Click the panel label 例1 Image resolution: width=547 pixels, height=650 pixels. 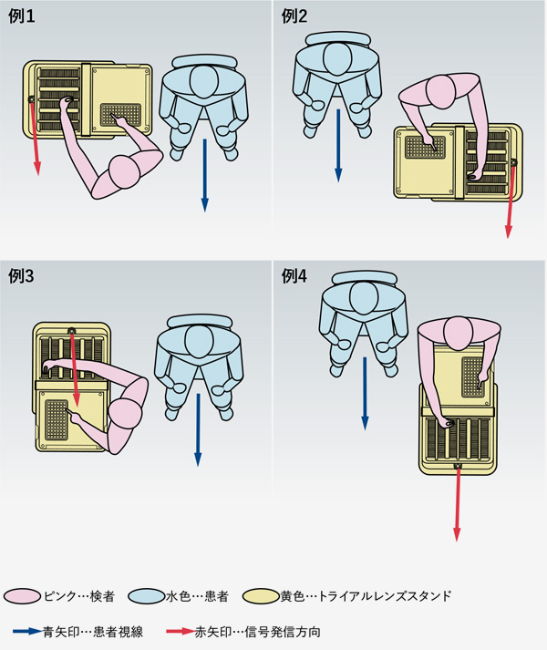[x=22, y=16]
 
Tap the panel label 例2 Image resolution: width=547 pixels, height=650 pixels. [x=294, y=16]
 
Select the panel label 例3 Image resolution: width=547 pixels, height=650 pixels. [x=21, y=276]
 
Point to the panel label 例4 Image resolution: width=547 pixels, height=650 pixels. [x=294, y=276]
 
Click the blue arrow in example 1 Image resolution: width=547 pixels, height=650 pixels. [x=205, y=175]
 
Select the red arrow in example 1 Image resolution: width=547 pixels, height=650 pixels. [x=35, y=138]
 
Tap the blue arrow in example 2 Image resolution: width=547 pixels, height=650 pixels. [x=338, y=146]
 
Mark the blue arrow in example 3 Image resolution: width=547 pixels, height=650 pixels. [x=198, y=430]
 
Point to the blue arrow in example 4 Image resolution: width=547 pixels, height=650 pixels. [x=365, y=394]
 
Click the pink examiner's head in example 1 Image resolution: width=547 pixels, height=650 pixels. [x=124, y=172]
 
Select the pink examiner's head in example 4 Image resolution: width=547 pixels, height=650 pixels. [x=459, y=333]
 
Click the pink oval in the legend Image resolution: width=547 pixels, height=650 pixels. [x=23, y=596]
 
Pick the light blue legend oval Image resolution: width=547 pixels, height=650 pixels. [x=147, y=596]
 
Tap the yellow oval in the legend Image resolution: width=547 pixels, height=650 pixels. [x=261, y=596]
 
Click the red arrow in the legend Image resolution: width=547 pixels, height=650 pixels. [x=181, y=632]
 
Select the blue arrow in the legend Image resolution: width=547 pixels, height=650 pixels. [x=27, y=632]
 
